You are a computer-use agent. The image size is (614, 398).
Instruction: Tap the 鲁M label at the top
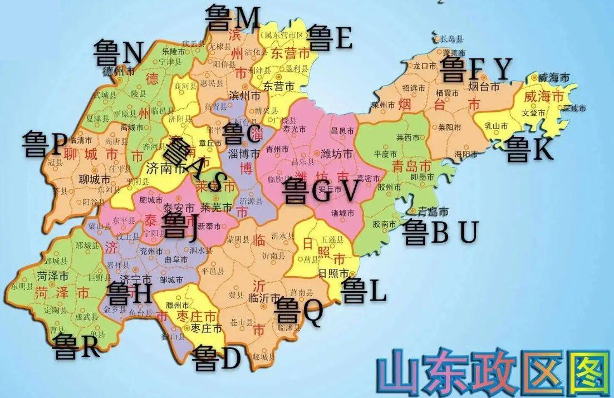233,18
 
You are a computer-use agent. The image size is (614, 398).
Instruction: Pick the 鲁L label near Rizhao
364,290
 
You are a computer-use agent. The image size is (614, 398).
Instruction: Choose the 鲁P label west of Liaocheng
45,144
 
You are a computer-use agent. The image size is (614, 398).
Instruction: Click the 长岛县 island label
451,39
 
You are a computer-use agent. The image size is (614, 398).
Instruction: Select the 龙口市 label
424,66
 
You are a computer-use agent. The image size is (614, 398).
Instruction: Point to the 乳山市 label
495,126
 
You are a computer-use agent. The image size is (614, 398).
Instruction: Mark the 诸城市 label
342,213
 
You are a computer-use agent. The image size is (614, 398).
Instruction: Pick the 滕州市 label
178,305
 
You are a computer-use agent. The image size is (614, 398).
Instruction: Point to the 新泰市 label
209,225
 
